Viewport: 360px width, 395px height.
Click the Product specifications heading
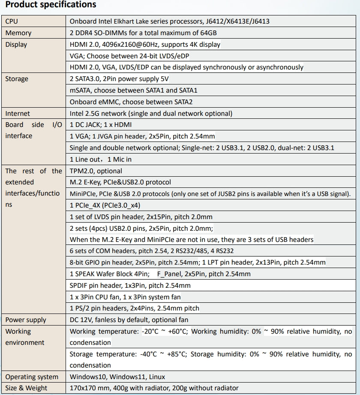(51, 5)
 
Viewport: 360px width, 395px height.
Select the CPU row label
(12, 21)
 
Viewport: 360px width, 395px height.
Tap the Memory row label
(18, 33)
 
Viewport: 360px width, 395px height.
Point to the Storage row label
(17, 79)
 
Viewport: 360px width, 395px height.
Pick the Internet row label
(18, 114)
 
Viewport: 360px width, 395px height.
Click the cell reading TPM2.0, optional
(96, 171)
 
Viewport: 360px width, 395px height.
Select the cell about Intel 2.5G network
(151, 114)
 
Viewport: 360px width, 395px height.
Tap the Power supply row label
(26, 320)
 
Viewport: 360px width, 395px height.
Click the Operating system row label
(32, 377)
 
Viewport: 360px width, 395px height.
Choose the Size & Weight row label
(26, 388)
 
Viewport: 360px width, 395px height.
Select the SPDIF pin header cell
(130, 285)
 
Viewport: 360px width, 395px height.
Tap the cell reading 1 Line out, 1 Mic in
(101, 160)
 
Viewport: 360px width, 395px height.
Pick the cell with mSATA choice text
(134, 90)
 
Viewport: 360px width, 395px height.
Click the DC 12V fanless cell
(129, 320)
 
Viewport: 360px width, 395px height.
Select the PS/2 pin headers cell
(135, 308)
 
